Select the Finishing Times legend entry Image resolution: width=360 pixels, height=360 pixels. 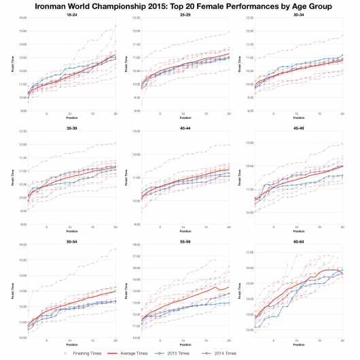[113, 354]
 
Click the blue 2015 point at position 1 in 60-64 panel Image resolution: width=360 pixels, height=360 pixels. [255, 328]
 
